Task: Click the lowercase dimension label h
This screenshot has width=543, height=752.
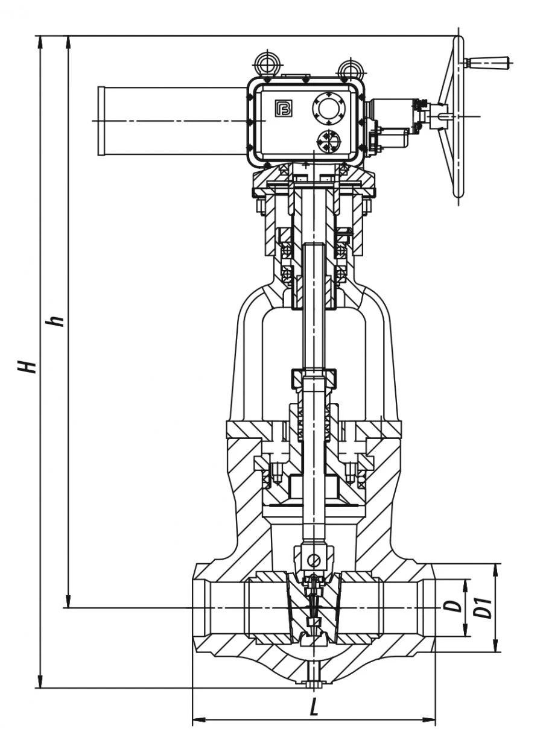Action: tap(57, 320)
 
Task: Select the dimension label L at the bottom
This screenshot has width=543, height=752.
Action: tap(314, 709)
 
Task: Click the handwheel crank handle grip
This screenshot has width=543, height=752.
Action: tap(491, 61)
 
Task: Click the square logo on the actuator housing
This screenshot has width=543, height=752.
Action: tap(283, 108)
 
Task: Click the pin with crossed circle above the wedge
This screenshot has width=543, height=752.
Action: tap(313, 560)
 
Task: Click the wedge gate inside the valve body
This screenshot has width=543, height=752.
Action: tap(313, 606)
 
